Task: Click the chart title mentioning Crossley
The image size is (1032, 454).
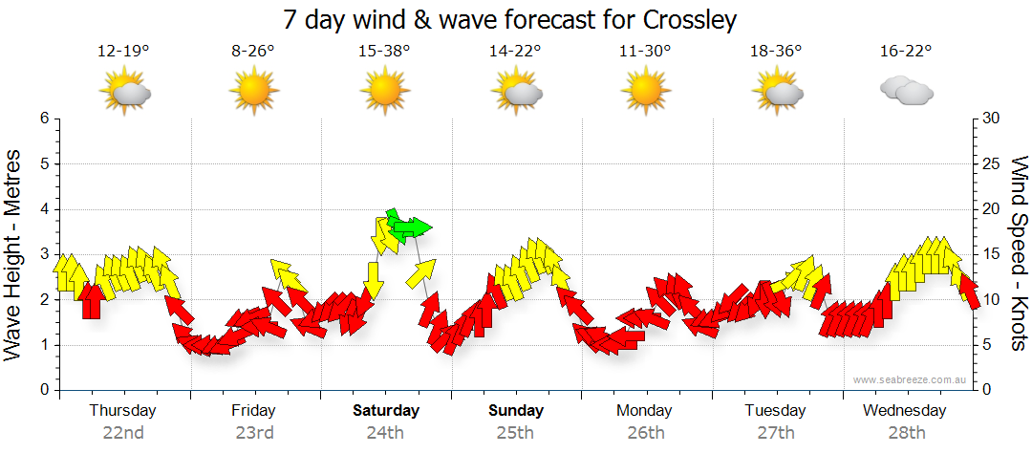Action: point(510,19)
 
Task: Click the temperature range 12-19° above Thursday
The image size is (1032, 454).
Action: point(123,52)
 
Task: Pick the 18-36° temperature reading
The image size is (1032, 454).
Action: point(775,52)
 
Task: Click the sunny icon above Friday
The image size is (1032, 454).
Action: point(253,92)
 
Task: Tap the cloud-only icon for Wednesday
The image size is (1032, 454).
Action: point(906,92)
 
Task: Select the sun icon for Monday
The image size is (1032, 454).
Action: point(645,92)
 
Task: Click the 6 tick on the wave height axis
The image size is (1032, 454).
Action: point(43,119)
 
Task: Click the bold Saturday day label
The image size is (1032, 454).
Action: point(386,411)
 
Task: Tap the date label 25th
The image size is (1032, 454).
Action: point(515,432)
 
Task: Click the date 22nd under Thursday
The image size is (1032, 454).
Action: point(123,432)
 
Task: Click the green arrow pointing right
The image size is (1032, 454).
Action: point(413,227)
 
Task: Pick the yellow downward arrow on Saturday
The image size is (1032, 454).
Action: point(374,282)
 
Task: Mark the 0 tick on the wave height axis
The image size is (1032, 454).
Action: point(43,390)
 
